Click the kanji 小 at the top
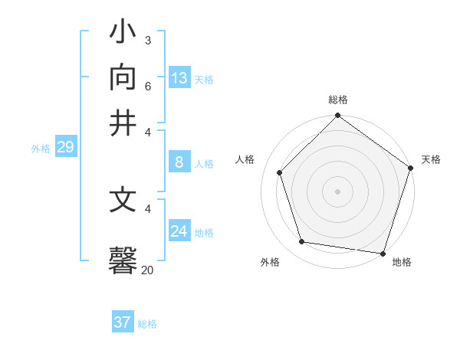point(123,34)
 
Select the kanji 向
point(123,78)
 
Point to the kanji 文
point(123,200)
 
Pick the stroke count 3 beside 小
point(147,40)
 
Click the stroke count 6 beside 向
point(147,85)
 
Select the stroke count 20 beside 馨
point(147,269)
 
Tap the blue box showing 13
point(179,78)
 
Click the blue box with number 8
point(179,162)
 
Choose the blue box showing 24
point(179,231)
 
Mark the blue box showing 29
point(65,147)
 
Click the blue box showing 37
point(123,322)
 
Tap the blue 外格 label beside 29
point(41,149)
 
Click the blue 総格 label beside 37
point(147,324)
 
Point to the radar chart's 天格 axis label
point(431,159)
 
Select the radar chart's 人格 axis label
point(245,159)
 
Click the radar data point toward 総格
point(337,116)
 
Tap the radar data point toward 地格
point(383,253)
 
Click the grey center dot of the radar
point(337,191)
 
